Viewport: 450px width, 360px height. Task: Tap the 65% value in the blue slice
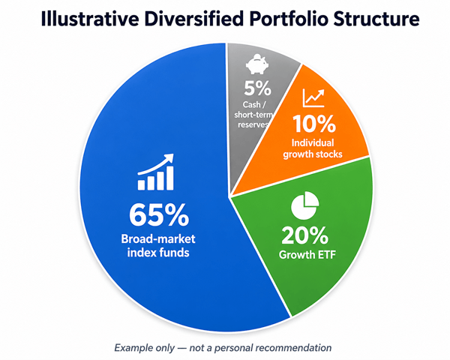click(x=159, y=215)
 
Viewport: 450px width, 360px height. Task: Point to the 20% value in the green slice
click(x=304, y=235)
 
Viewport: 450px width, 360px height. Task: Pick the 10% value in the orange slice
click(x=314, y=124)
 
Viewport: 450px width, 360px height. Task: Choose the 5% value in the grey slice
click(x=257, y=88)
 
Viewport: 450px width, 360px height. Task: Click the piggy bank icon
click(x=257, y=64)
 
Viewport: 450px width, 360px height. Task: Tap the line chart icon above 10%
click(x=313, y=98)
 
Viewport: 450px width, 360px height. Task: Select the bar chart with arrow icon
click(x=156, y=172)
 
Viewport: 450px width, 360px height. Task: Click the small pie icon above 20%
click(x=304, y=205)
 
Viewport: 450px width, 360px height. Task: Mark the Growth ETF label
click(x=307, y=255)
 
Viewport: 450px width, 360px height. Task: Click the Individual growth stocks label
click(x=313, y=148)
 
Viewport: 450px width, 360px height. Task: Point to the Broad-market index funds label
click(x=158, y=246)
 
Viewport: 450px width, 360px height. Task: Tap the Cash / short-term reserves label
click(x=253, y=115)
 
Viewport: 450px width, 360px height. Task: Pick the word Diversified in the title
click(x=194, y=19)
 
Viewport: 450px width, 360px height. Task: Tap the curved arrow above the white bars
click(x=156, y=164)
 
